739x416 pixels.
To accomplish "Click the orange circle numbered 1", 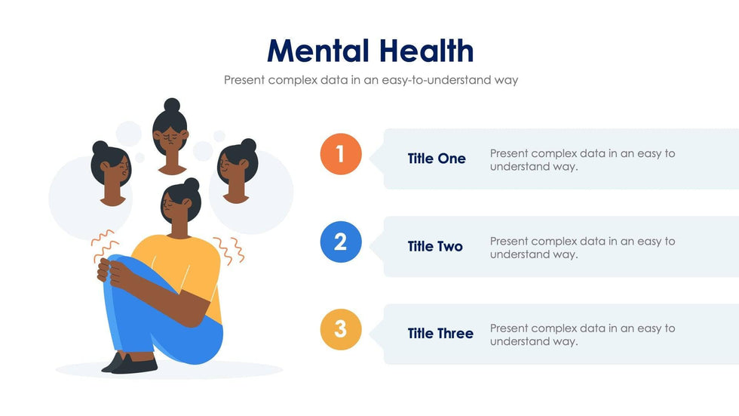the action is [341, 154].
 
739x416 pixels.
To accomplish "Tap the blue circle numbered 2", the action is [341, 242].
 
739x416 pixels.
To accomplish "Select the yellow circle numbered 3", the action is [341, 329].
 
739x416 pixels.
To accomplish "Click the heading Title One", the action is [437, 159].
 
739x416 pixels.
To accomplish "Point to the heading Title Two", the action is [435, 246].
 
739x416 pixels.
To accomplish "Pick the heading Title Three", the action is [440, 334].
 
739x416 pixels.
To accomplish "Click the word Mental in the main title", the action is [318, 51].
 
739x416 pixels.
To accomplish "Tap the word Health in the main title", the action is [426, 51].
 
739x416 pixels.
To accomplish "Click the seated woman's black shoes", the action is [130, 363].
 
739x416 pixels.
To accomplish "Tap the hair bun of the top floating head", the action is [172, 105].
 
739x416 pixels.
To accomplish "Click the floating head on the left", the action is [112, 173].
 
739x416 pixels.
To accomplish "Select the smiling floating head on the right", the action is [238, 171].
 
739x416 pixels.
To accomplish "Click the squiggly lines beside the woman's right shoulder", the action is [229, 250].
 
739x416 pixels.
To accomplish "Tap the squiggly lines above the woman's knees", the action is [104, 245].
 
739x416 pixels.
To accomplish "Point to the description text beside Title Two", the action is [582, 248].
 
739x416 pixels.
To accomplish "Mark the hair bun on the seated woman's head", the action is [192, 184].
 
